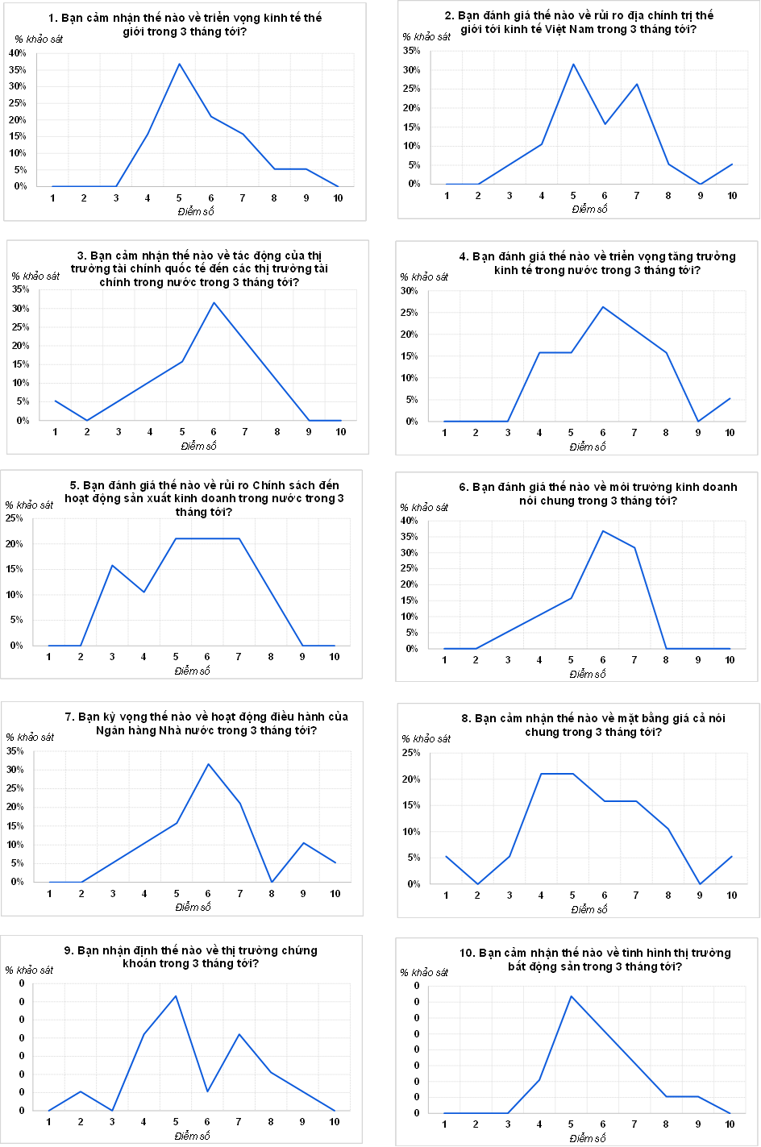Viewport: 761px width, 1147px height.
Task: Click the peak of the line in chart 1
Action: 179,64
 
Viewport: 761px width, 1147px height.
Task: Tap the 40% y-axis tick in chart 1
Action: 18,53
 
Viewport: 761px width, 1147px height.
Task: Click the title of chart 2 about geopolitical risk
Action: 578,23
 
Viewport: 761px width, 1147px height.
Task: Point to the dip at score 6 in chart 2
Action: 605,124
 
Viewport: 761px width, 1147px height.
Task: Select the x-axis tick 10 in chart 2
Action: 732,196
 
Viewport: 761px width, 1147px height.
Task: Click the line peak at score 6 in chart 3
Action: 214,302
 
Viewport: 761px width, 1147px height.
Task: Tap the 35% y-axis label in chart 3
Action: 20,290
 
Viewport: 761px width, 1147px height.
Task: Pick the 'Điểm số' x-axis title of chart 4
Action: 587,447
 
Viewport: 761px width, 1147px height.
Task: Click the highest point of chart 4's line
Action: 602,306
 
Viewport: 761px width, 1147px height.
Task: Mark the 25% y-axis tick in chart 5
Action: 15,518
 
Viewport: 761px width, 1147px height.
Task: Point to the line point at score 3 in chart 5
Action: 112,565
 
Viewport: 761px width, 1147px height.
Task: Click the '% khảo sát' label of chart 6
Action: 424,507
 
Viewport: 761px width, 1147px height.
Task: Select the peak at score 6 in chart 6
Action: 603,530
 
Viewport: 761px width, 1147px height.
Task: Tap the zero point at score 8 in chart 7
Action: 272,882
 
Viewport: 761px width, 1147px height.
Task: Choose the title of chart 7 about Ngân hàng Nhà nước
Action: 206,724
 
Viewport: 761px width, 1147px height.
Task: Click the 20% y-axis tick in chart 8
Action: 412,779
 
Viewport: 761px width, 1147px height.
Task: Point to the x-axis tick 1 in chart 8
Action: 446,896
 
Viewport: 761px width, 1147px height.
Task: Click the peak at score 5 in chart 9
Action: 176,995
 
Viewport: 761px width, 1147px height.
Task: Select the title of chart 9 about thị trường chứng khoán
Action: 191,957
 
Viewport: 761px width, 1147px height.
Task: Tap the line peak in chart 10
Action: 571,996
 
